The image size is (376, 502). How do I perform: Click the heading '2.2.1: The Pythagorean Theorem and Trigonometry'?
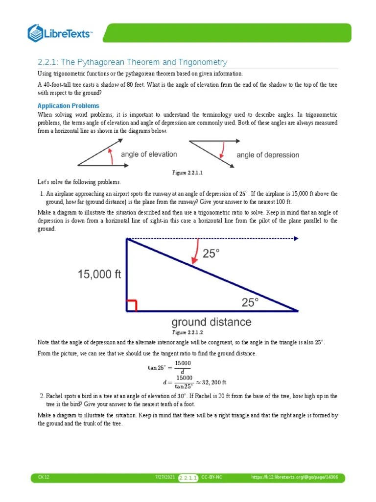tap(133, 62)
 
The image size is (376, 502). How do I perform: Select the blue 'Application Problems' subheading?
tap(69, 106)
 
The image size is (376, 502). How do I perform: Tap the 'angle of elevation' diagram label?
tap(149, 154)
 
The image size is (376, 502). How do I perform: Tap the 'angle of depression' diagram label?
tap(267, 155)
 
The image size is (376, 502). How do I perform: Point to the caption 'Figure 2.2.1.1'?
tap(188, 173)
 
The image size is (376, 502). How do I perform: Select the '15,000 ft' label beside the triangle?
tap(99, 275)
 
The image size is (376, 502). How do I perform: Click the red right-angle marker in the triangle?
tap(131, 305)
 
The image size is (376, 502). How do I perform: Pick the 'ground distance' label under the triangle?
tap(211, 322)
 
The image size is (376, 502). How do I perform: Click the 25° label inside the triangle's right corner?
tap(251, 302)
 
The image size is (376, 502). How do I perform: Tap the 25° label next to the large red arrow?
tap(211, 253)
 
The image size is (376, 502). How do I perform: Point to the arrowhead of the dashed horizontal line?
tap(296, 239)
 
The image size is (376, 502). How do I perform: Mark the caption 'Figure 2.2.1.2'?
tap(188, 332)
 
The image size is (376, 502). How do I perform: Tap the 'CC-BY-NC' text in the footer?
tap(211, 477)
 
